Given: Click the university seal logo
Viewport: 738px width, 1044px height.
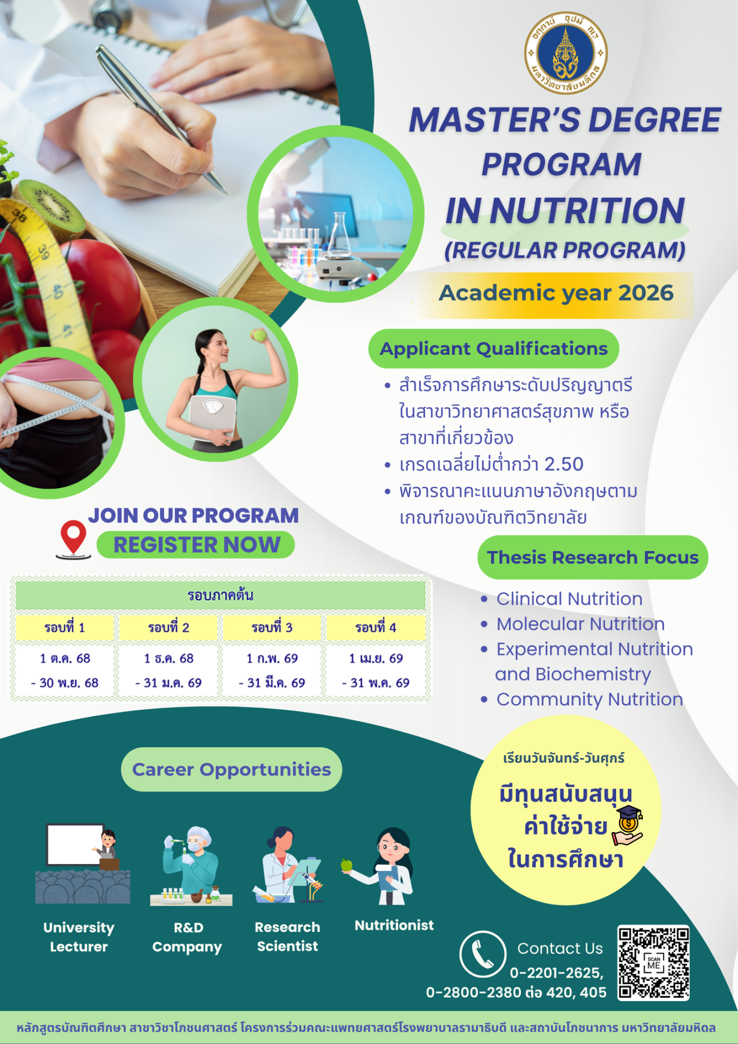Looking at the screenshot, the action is [x=566, y=53].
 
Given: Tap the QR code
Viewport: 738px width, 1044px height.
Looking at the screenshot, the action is [x=653, y=963].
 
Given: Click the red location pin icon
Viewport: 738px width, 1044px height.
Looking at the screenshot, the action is [x=73, y=538].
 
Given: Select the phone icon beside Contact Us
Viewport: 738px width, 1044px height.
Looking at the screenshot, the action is [x=483, y=954].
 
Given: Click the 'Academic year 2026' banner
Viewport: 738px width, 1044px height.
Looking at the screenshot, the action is [x=556, y=293].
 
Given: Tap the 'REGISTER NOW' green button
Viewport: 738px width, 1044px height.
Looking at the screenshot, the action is [x=196, y=545].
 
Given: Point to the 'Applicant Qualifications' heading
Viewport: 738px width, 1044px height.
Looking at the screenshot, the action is [x=493, y=349].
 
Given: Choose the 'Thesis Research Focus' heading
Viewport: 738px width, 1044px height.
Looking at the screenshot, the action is [x=593, y=557].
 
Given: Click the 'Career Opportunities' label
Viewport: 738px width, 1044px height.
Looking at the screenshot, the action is [x=231, y=769].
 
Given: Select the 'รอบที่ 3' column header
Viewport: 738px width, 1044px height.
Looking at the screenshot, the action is [x=272, y=628].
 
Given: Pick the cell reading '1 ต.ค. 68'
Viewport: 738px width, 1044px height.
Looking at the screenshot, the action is [x=65, y=659].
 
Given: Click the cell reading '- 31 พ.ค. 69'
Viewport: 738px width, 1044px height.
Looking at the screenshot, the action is [x=376, y=683].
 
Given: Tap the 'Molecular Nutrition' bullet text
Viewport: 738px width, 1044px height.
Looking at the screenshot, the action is [x=581, y=624].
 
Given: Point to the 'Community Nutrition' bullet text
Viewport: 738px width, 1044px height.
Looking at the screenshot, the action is [x=590, y=699].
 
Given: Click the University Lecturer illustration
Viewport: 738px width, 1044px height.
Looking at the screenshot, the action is [x=83, y=864].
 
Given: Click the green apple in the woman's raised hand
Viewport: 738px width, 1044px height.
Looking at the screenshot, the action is [x=258, y=335].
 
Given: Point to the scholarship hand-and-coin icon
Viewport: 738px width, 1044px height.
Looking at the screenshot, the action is [x=629, y=825].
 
